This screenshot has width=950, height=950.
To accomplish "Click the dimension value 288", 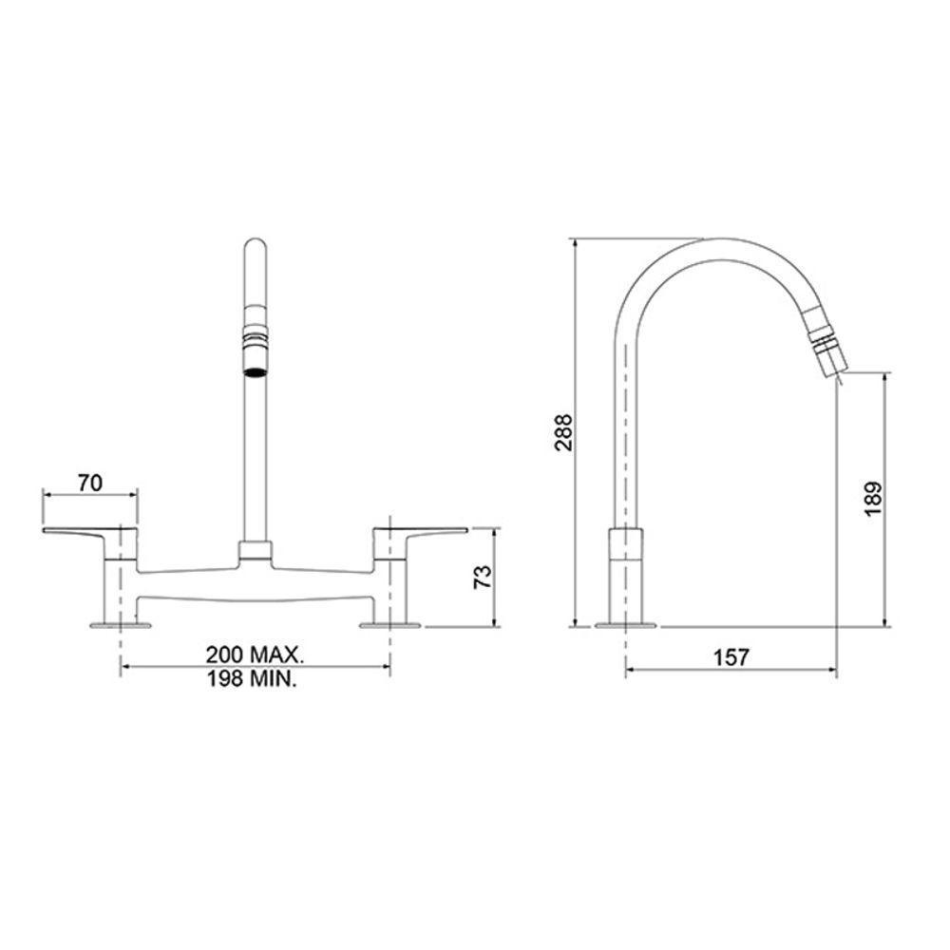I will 563,433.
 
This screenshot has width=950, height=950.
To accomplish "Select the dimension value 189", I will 873,498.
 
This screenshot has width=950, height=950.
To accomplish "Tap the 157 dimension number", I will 731,656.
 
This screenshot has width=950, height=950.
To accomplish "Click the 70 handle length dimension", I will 89,483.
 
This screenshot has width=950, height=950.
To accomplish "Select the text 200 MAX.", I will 255,655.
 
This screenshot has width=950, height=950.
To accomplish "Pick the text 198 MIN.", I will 255,680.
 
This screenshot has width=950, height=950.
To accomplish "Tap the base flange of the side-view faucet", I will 625,625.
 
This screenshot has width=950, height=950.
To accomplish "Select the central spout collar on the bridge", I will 255,550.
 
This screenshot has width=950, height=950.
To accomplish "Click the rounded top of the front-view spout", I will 255,249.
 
